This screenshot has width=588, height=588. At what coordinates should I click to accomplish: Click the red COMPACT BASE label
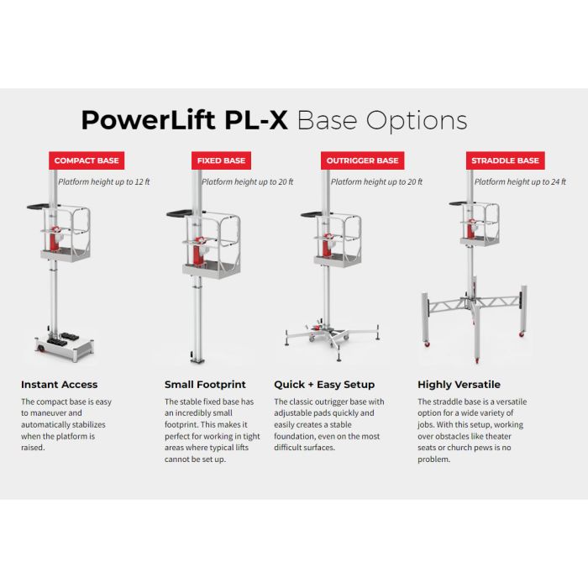87,160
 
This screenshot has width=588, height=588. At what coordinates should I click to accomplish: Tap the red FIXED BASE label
221,160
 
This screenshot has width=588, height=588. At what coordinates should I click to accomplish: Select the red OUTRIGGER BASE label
363,160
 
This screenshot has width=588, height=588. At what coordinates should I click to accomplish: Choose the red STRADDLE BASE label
505,160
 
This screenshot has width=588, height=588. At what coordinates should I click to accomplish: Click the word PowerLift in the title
148,120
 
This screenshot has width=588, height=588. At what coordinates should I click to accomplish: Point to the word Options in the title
417,121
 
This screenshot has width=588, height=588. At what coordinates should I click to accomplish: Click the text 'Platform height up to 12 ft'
104,182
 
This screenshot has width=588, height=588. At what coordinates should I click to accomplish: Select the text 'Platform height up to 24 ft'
520,182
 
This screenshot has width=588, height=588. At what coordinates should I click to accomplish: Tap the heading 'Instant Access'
60,385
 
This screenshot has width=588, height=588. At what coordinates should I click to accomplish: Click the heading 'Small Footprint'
205,385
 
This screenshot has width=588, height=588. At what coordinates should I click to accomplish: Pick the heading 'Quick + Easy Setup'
324,385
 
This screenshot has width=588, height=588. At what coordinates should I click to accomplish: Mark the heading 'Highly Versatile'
459,385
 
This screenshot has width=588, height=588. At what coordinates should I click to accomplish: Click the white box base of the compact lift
65,348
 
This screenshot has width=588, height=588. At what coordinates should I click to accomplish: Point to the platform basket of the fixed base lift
212,245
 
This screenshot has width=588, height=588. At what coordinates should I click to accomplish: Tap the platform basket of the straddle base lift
480,224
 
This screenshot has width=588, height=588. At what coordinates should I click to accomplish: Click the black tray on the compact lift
38,207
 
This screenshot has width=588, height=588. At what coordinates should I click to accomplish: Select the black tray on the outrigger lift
311,214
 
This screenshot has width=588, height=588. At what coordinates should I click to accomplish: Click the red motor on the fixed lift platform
199,250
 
